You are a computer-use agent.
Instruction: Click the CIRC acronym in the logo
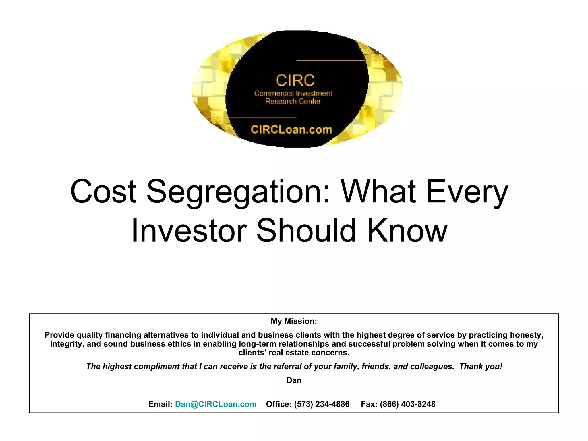click(x=295, y=80)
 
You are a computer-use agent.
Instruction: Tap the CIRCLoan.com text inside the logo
click(x=291, y=130)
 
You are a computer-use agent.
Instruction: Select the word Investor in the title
click(x=189, y=231)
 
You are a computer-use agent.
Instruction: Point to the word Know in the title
click(x=407, y=231)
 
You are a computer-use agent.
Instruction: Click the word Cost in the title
click(x=103, y=191)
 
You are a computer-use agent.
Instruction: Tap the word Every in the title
click(x=467, y=191)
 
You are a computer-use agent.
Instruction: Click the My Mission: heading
click(x=294, y=321)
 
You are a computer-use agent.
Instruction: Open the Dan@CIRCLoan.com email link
click(x=216, y=404)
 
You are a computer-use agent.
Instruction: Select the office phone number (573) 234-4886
click(x=322, y=404)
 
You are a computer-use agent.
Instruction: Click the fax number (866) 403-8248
click(x=407, y=404)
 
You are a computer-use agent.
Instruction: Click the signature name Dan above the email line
click(x=294, y=380)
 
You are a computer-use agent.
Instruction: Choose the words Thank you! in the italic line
click(x=481, y=367)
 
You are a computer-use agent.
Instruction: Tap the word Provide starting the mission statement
click(x=59, y=335)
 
